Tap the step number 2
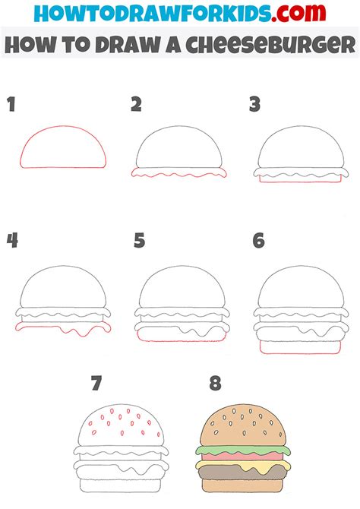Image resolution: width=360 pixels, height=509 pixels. coord(137,104)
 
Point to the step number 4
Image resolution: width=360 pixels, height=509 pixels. coord(13,242)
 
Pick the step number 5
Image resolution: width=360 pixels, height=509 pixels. coord(139,242)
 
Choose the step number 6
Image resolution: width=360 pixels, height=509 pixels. coord(259,242)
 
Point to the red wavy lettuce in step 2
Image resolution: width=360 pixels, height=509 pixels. coord(179,174)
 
